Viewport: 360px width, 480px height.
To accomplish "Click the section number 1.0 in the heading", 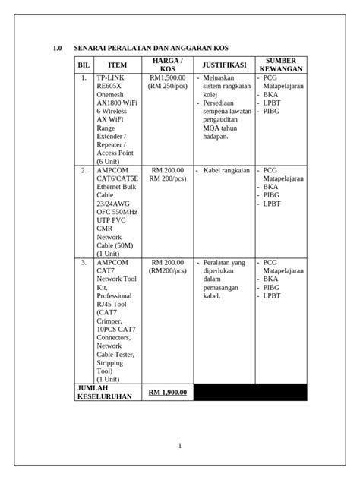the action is tap(57, 49).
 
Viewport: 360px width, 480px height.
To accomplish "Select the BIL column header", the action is tap(84, 65).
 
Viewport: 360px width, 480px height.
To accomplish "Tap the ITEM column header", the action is tap(118, 65).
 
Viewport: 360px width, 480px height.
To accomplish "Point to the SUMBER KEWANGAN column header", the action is tap(281, 65).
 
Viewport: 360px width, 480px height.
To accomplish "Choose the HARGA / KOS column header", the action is tap(168, 65).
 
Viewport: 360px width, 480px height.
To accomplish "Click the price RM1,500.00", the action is tap(168, 78).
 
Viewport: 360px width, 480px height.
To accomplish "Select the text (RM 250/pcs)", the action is tap(168, 87).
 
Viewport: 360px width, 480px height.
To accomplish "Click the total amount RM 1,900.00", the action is tap(168, 392).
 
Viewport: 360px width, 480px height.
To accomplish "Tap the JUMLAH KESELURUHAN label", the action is tap(104, 392).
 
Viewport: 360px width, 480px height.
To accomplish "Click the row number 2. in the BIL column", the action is tap(84, 171).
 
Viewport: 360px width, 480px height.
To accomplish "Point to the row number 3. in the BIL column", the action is tap(84, 262).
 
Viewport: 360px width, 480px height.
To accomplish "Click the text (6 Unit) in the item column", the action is tap(111, 161).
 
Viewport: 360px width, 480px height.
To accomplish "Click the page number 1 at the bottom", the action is tap(180, 446).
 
